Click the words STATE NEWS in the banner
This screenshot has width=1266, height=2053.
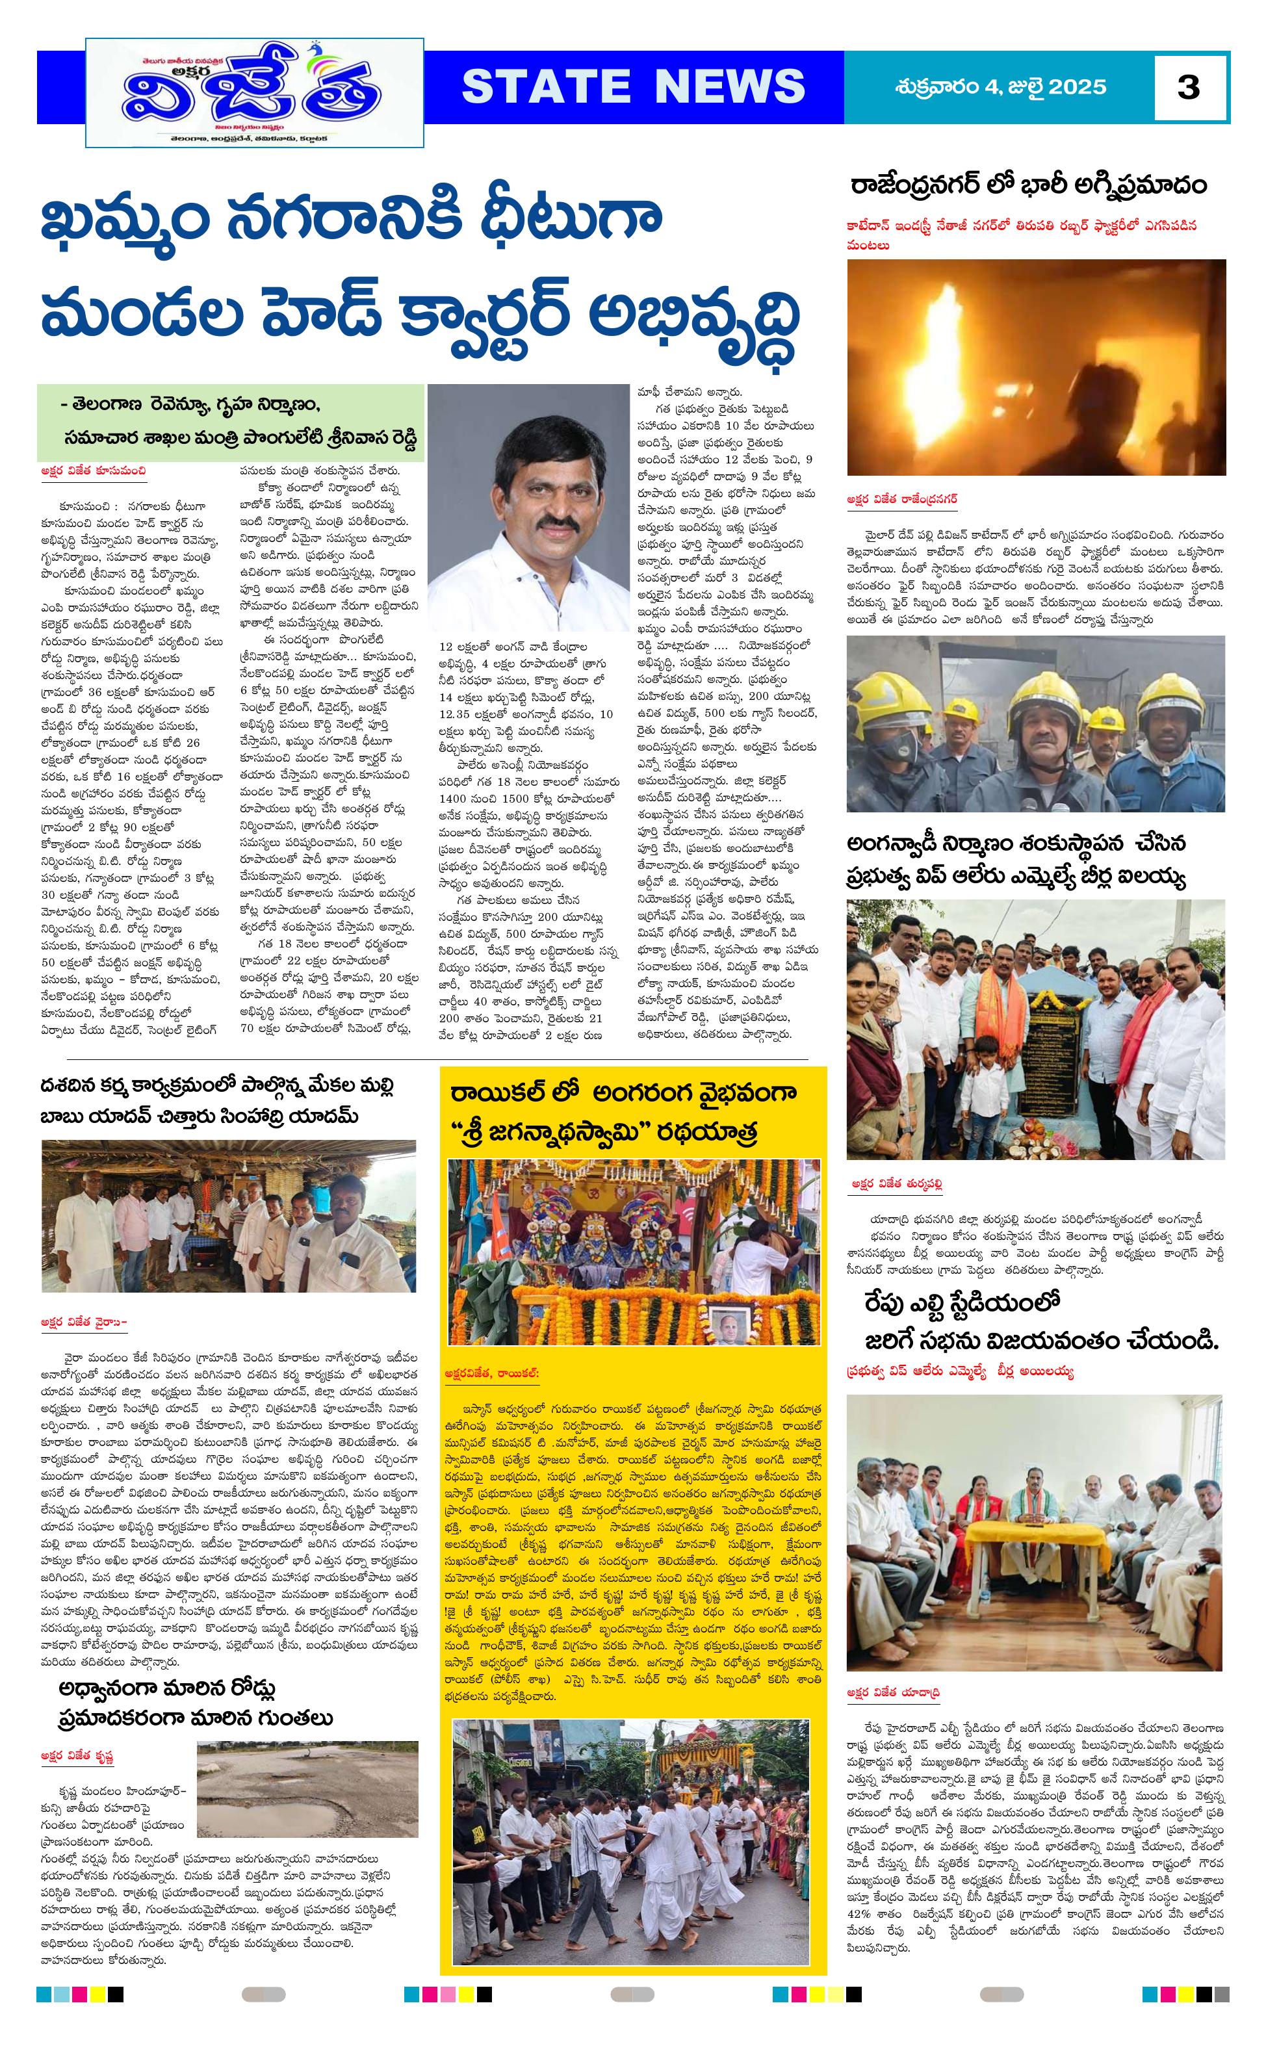tap(633, 86)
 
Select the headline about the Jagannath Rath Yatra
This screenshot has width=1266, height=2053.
tap(624, 1111)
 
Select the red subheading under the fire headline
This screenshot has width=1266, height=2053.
tap(1022, 235)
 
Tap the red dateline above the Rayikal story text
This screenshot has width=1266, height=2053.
tap(494, 1373)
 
